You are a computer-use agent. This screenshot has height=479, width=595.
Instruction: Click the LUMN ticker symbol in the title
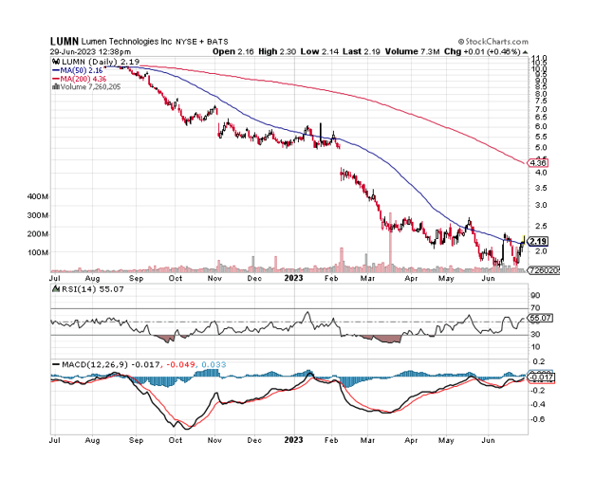click(x=65, y=42)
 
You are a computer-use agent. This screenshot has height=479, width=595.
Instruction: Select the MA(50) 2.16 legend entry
click(x=84, y=69)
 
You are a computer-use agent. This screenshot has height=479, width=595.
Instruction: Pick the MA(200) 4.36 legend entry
click(x=85, y=78)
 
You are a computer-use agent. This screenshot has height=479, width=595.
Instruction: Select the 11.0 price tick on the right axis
click(x=539, y=59)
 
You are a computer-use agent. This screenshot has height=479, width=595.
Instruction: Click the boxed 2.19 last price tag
click(x=538, y=241)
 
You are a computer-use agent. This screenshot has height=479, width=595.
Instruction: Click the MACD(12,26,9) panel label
click(x=90, y=365)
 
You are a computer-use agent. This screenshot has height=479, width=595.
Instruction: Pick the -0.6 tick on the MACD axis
click(x=537, y=417)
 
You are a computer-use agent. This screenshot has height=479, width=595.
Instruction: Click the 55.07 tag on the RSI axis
click(x=538, y=319)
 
